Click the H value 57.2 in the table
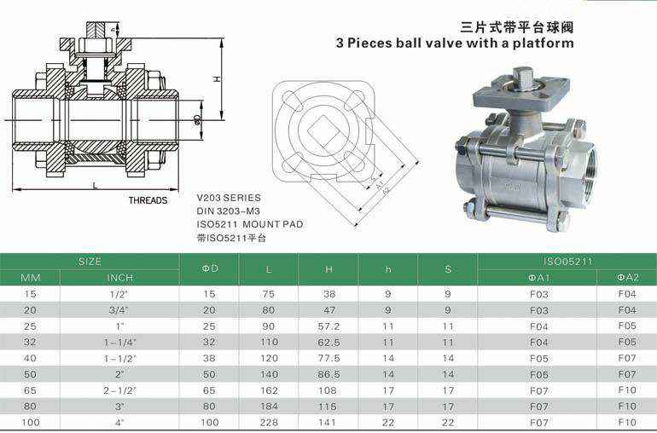pos(328,326)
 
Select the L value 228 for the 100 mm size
pos(269,423)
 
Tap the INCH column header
pos(119,278)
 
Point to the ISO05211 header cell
pos(567,262)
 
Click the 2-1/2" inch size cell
pos(119,390)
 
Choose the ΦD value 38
pos(209,359)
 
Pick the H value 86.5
pos(328,374)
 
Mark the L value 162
pos(269,390)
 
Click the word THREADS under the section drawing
pos(148,200)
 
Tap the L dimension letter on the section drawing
pos(95,186)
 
